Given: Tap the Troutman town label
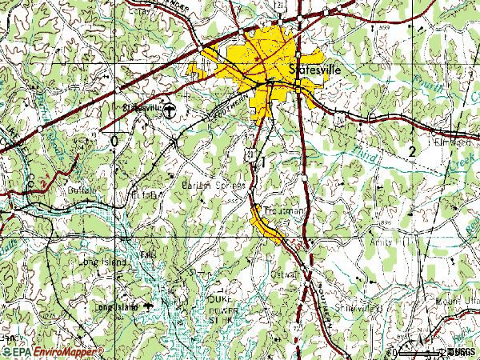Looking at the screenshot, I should click(283, 211).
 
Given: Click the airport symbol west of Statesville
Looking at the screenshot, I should click(174, 107).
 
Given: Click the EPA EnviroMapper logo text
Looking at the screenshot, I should click(52, 351).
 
